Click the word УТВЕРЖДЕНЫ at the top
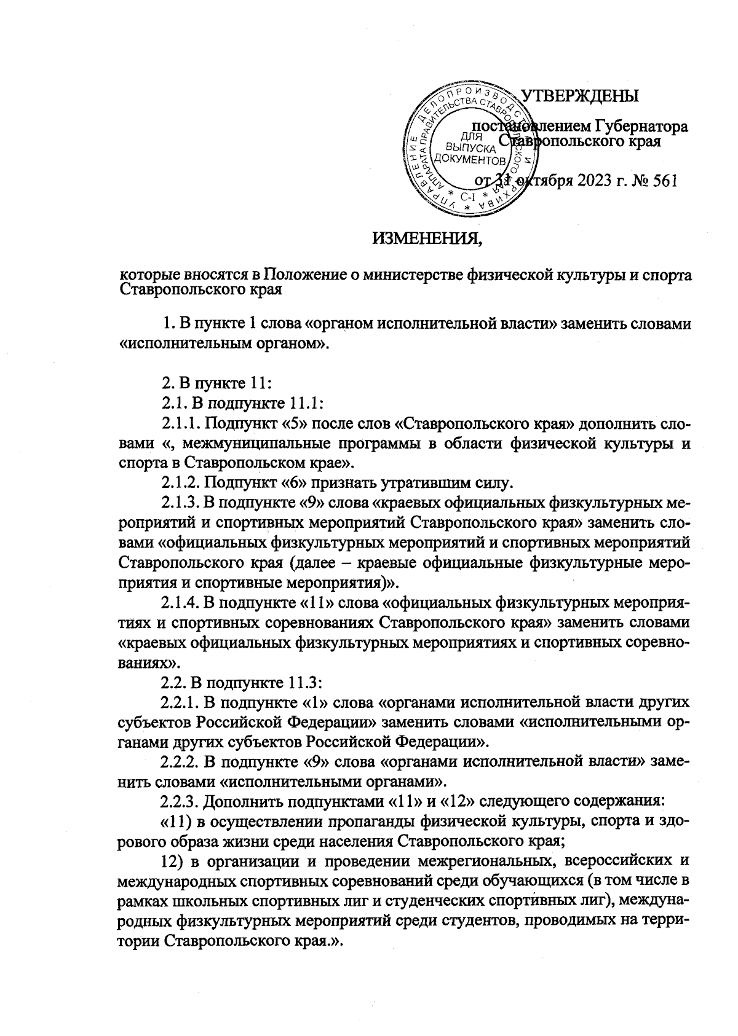coord(580,96)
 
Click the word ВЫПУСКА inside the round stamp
coord(470,148)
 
